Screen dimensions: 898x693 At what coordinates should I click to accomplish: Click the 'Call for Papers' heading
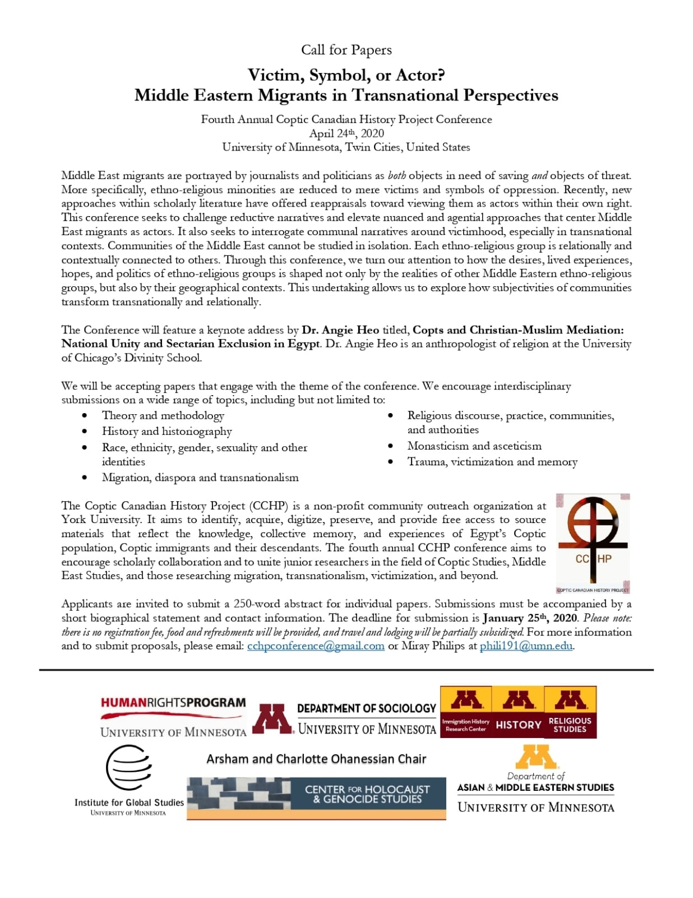point(346,50)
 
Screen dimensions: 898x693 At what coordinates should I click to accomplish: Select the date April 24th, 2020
point(346,134)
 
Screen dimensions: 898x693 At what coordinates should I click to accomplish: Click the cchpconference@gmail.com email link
point(316,646)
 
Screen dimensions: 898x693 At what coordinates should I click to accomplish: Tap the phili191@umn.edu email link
point(526,646)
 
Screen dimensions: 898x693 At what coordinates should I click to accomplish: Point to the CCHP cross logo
point(593,542)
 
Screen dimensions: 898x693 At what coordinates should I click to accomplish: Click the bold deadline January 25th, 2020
point(530,618)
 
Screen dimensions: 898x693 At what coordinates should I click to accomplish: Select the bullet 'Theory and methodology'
point(163,416)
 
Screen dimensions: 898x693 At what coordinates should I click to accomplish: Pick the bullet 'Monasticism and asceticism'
point(474,446)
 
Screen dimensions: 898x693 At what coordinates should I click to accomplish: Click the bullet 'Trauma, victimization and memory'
point(492,462)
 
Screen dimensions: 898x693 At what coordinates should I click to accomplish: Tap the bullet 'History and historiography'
point(167,432)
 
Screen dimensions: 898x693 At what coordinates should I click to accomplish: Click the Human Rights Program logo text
point(173,703)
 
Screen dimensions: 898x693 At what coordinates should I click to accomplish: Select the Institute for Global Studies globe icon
point(128,767)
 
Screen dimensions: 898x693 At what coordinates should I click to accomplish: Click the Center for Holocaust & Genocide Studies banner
point(316,798)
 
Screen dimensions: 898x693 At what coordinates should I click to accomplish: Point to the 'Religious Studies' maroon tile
point(570,712)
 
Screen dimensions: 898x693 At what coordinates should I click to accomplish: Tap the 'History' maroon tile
point(518,712)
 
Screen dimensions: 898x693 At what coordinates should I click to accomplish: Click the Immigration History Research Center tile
point(465,712)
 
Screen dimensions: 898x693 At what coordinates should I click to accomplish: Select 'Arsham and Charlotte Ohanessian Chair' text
point(316,759)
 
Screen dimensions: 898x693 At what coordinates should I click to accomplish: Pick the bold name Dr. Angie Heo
point(340,330)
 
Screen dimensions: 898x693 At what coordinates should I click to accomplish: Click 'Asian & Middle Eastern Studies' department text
point(535,787)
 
